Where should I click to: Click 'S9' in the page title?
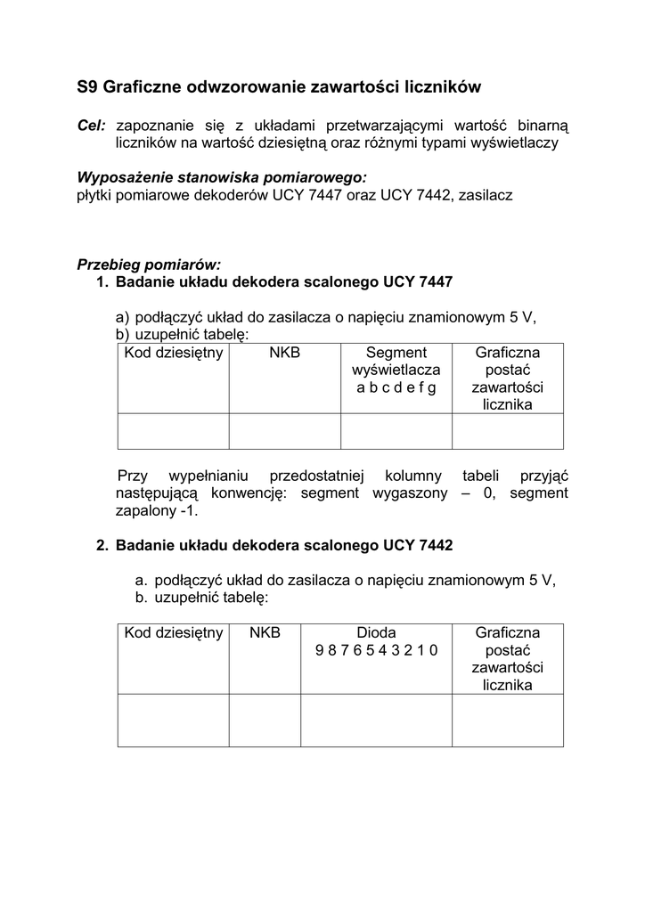click(x=87, y=87)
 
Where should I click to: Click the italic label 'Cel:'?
click(x=92, y=126)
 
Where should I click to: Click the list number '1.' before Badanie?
click(x=102, y=282)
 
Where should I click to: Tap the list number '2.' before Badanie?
click(x=102, y=545)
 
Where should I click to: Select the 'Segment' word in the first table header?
click(x=396, y=353)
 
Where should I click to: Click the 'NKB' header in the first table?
click(x=284, y=353)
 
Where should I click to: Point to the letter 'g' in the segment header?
click(x=433, y=387)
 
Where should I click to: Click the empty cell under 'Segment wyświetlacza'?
click(x=396, y=431)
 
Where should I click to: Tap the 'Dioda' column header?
click(x=376, y=632)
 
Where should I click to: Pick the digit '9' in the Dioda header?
click(x=319, y=650)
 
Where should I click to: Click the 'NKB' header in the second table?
click(x=265, y=632)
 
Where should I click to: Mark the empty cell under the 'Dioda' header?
click(x=376, y=720)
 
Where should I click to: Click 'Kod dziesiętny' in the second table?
click(x=173, y=632)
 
